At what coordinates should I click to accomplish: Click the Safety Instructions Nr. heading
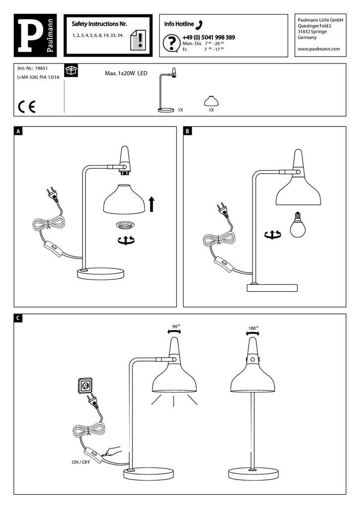99,24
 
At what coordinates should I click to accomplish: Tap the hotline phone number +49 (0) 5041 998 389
209,38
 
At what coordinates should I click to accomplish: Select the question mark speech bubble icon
171,44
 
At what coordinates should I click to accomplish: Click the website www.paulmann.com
318,49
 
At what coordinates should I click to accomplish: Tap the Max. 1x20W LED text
126,73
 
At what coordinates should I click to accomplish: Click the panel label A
18,131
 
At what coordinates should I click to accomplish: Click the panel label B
188,131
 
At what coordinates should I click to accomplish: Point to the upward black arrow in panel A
152,203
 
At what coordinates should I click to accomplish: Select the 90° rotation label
175,327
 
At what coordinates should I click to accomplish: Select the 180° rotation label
253,328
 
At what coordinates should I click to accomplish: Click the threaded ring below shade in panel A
125,225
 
